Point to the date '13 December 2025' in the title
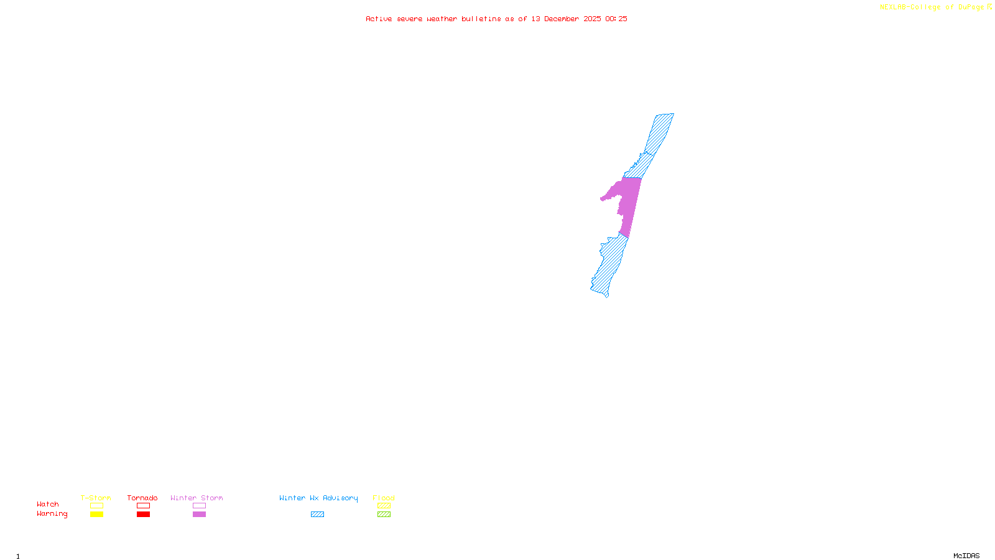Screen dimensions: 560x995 [566, 19]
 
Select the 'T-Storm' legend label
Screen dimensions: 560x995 [96, 498]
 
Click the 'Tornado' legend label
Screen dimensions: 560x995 [142, 498]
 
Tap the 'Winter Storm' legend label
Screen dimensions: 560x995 [197, 498]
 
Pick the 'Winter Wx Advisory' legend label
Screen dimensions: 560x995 [318, 498]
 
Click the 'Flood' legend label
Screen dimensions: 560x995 [384, 498]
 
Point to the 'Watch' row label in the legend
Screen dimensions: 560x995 [48, 504]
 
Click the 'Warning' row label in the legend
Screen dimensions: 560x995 [52, 514]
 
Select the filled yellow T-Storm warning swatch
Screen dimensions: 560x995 [96, 515]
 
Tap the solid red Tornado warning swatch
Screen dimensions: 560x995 [143, 515]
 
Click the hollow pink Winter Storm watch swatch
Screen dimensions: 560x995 [199, 506]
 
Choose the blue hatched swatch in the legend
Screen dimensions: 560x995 [317, 515]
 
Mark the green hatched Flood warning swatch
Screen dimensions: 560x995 [384, 515]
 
